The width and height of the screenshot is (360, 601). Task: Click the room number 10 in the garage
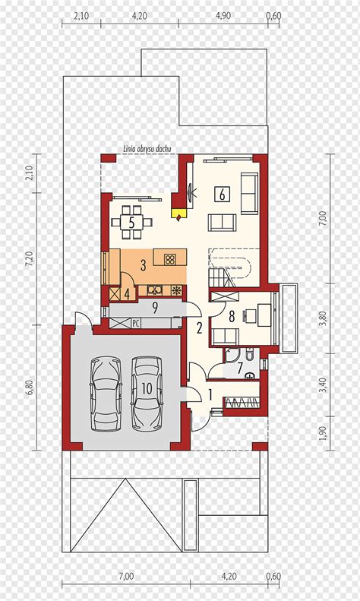point(147,389)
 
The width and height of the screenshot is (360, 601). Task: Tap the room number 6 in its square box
point(222,195)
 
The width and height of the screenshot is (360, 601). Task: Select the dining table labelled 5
point(131,223)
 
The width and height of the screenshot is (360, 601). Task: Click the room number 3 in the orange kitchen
point(143,265)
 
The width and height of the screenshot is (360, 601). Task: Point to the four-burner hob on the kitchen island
point(169,260)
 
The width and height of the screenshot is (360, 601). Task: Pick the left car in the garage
point(106,395)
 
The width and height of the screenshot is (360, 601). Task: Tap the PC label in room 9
point(136,323)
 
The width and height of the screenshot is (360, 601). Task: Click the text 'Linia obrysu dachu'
point(147,149)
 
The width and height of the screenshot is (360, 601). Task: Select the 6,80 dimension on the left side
point(33,388)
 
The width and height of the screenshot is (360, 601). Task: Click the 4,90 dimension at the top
point(223,16)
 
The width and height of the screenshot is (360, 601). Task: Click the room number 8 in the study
point(232,317)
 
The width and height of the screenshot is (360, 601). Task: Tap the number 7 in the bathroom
point(240,369)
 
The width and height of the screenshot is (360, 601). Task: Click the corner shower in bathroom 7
point(231,356)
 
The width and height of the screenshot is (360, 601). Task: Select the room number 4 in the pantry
point(127,294)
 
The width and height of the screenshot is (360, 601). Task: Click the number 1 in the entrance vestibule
point(210,394)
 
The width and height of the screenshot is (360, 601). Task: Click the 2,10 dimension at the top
point(81,16)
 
